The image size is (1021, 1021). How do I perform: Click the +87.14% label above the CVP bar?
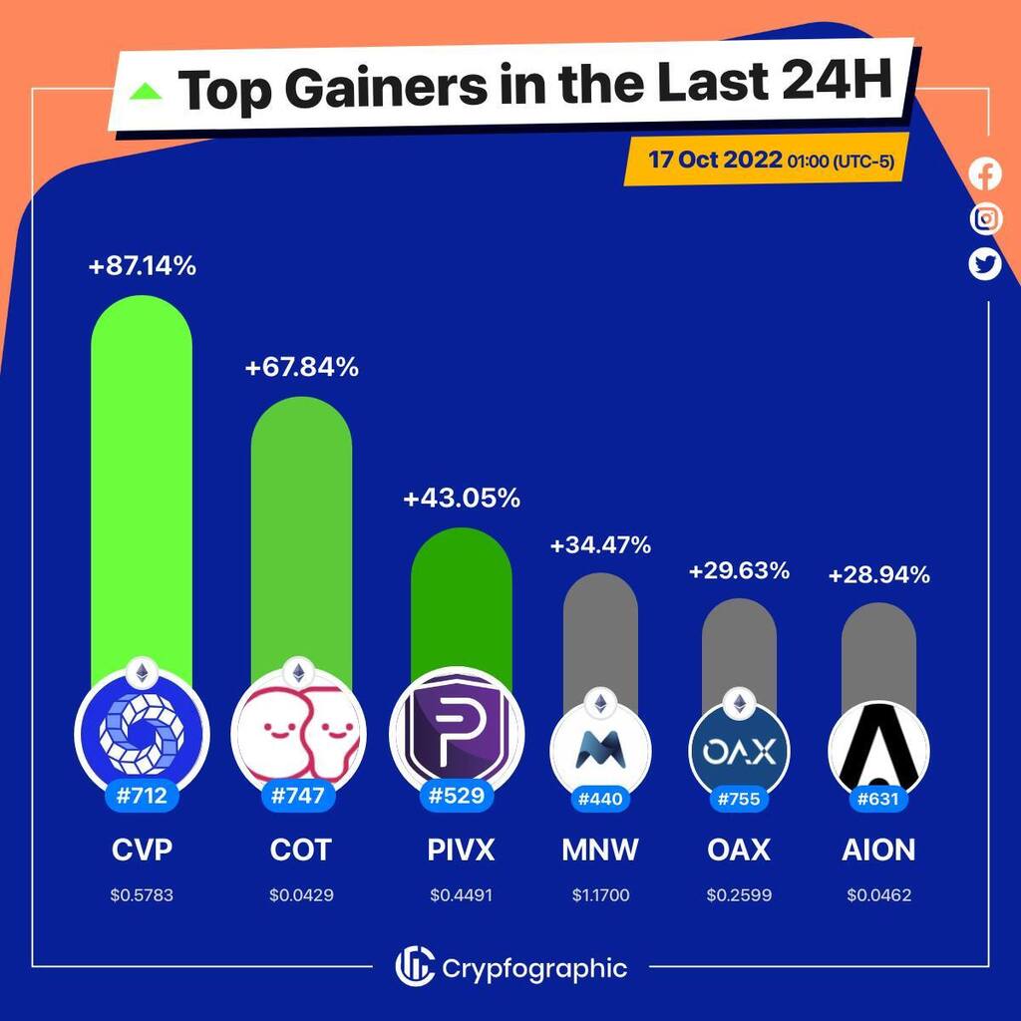coord(142,266)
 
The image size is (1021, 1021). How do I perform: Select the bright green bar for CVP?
coord(142,479)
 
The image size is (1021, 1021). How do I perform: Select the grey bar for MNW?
coord(600,628)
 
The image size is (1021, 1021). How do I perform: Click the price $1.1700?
coord(600,895)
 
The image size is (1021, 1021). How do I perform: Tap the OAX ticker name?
coord(739,850)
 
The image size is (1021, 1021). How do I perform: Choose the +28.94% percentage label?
coord(878,575)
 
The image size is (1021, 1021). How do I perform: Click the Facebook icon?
coord(985,174)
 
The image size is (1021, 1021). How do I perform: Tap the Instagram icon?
coord(985,218)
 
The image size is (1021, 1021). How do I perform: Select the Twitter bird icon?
coord(985,263)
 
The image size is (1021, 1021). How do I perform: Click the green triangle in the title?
coord(148,92)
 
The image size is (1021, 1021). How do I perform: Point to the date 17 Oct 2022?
coord(714,161)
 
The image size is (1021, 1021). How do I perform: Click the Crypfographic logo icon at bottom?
coord(414,966)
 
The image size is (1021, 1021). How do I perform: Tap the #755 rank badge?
coord(739,798)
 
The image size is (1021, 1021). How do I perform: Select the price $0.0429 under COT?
coord(301,895)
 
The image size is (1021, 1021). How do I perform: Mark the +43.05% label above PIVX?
coord(461,499)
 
